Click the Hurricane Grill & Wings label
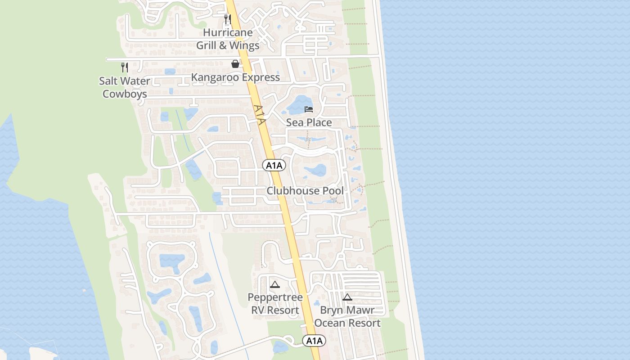[228, 39]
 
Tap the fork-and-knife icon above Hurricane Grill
[228, 19]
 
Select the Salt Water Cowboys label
[125, 87]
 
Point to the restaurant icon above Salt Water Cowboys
[125, 67]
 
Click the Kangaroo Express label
[235, 77]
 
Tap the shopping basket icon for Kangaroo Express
[235, 64]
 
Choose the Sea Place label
[309, 122]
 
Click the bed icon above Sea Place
[309, 109]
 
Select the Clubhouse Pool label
[305, 191]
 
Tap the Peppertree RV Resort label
[275, 304]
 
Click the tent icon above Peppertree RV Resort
[275, 284]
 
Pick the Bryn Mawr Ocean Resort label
[347, 316]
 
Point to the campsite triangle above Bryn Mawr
[347, 297]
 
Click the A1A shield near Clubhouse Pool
[274, 166]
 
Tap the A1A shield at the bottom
[314, 341]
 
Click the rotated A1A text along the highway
[260, 115]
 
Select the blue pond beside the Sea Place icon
[297, 106]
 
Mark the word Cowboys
[125, 94]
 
